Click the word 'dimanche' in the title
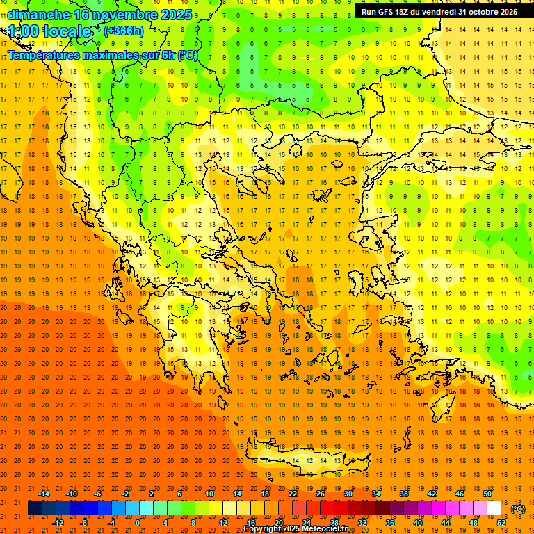[38, 15]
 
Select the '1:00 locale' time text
[50, 31]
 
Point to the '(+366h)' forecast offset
[124, 31]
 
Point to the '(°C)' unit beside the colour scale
[517, 509]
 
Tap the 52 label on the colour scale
[501, 523]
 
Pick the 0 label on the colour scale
[138, 523]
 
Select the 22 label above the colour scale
[293, 494]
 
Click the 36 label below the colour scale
[390, 523]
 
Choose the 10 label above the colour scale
[209, 494]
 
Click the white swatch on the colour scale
[494, 508]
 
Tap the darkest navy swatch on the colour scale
[35, 508]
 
